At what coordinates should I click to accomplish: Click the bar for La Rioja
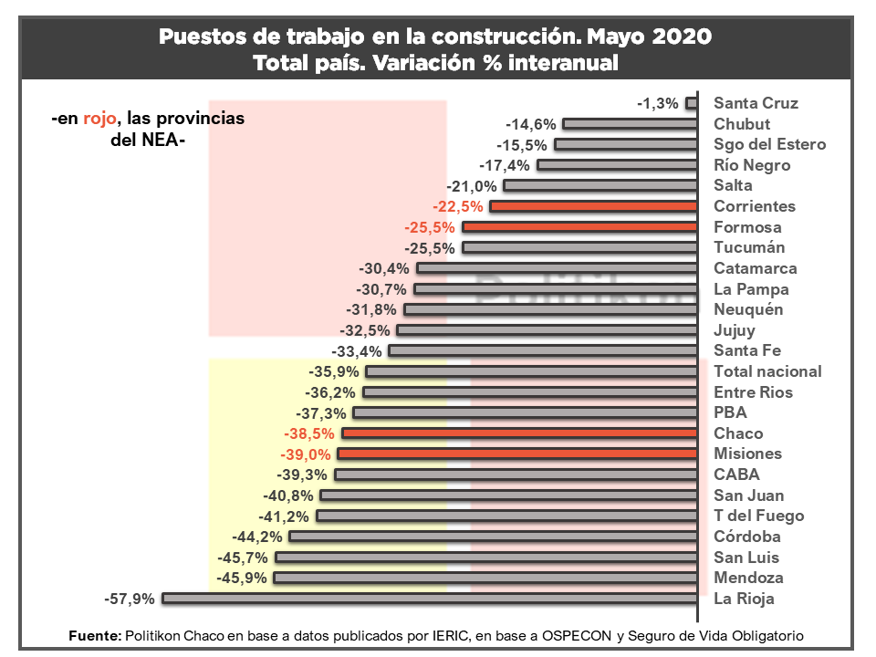click(429, 599)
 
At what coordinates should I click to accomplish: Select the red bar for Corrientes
click(593, 206)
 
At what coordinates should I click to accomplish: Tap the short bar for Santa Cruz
click(692, 103)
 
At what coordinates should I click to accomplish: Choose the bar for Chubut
click(630, 124)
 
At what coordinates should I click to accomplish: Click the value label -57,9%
click(130, 599)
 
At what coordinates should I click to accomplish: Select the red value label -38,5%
click(310, 433)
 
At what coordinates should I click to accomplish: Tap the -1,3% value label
click(658, 103)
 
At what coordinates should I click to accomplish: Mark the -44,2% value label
click(257, 537)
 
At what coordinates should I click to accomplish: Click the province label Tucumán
click(749, 247)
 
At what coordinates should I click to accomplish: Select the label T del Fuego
click(758, 516)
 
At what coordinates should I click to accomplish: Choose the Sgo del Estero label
click(769, 144)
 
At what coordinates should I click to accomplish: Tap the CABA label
click(736, 474)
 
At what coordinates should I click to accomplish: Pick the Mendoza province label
click(748, 578)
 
